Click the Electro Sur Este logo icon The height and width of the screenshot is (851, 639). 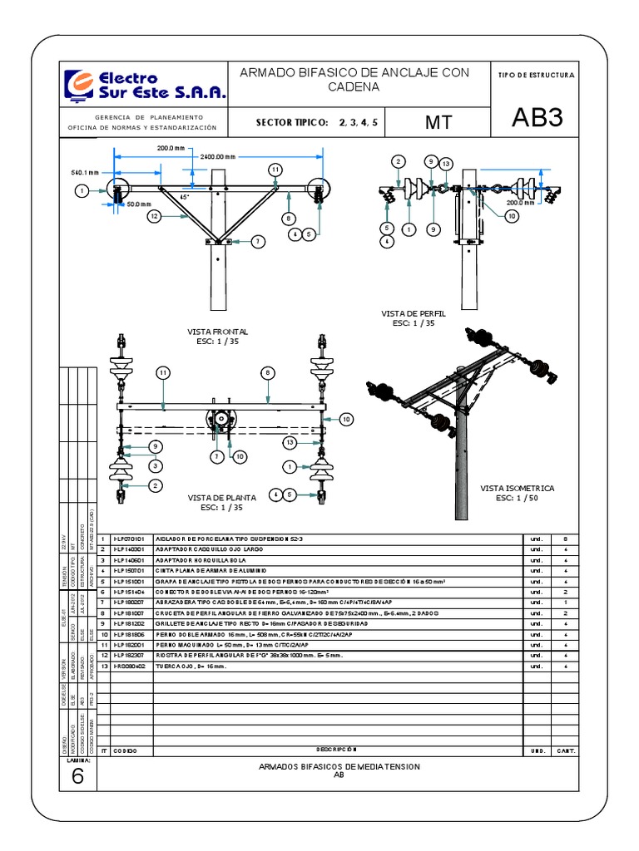(x=81, y=86)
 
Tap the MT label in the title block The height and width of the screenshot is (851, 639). (x=438, y=122)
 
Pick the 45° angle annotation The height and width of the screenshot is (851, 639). (x=185, y=197)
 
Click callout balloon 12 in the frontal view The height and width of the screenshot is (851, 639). (x=154, y=216)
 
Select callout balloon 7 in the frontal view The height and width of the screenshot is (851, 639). (x=259, y=241)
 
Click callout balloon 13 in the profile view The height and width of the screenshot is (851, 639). (x=445, y=164)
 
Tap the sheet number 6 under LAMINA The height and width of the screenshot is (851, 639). (x=77, y=776)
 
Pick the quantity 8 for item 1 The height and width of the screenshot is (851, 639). (x=564, y=539)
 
